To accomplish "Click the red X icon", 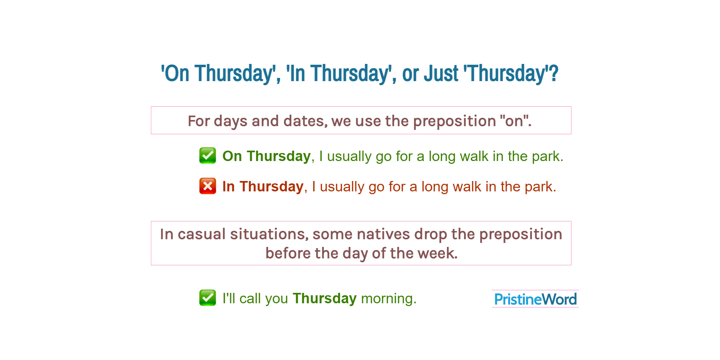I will point(207,186).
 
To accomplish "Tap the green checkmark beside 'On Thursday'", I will point(207,156).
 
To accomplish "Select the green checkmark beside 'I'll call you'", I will point(207,298).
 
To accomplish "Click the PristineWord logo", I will point(535,299).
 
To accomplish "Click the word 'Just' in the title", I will point(441,74).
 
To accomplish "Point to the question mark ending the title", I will point(554,74).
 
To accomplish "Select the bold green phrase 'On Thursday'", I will point(266,156).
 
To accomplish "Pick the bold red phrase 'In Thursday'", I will point(263,187).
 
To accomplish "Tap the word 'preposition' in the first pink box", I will point(454,121).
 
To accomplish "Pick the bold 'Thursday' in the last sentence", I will point(324,299).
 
